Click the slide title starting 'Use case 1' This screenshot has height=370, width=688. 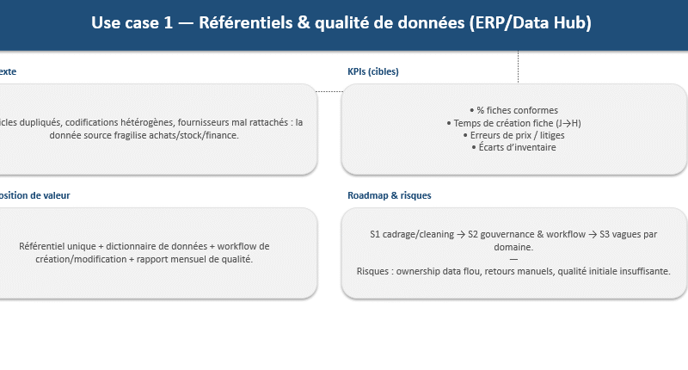point(341,23)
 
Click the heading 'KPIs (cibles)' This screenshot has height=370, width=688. point(372,72)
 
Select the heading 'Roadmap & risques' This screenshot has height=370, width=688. point(389,196)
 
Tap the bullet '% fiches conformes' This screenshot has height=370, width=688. point(513,110)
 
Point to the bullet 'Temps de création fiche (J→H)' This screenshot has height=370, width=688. point(513,123)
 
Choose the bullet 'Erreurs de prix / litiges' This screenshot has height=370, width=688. point(513,135)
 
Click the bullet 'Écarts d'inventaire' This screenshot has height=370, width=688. point(513,148)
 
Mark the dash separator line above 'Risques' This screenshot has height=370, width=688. point(513,259)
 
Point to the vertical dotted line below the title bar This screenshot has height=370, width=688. point(518,67)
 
